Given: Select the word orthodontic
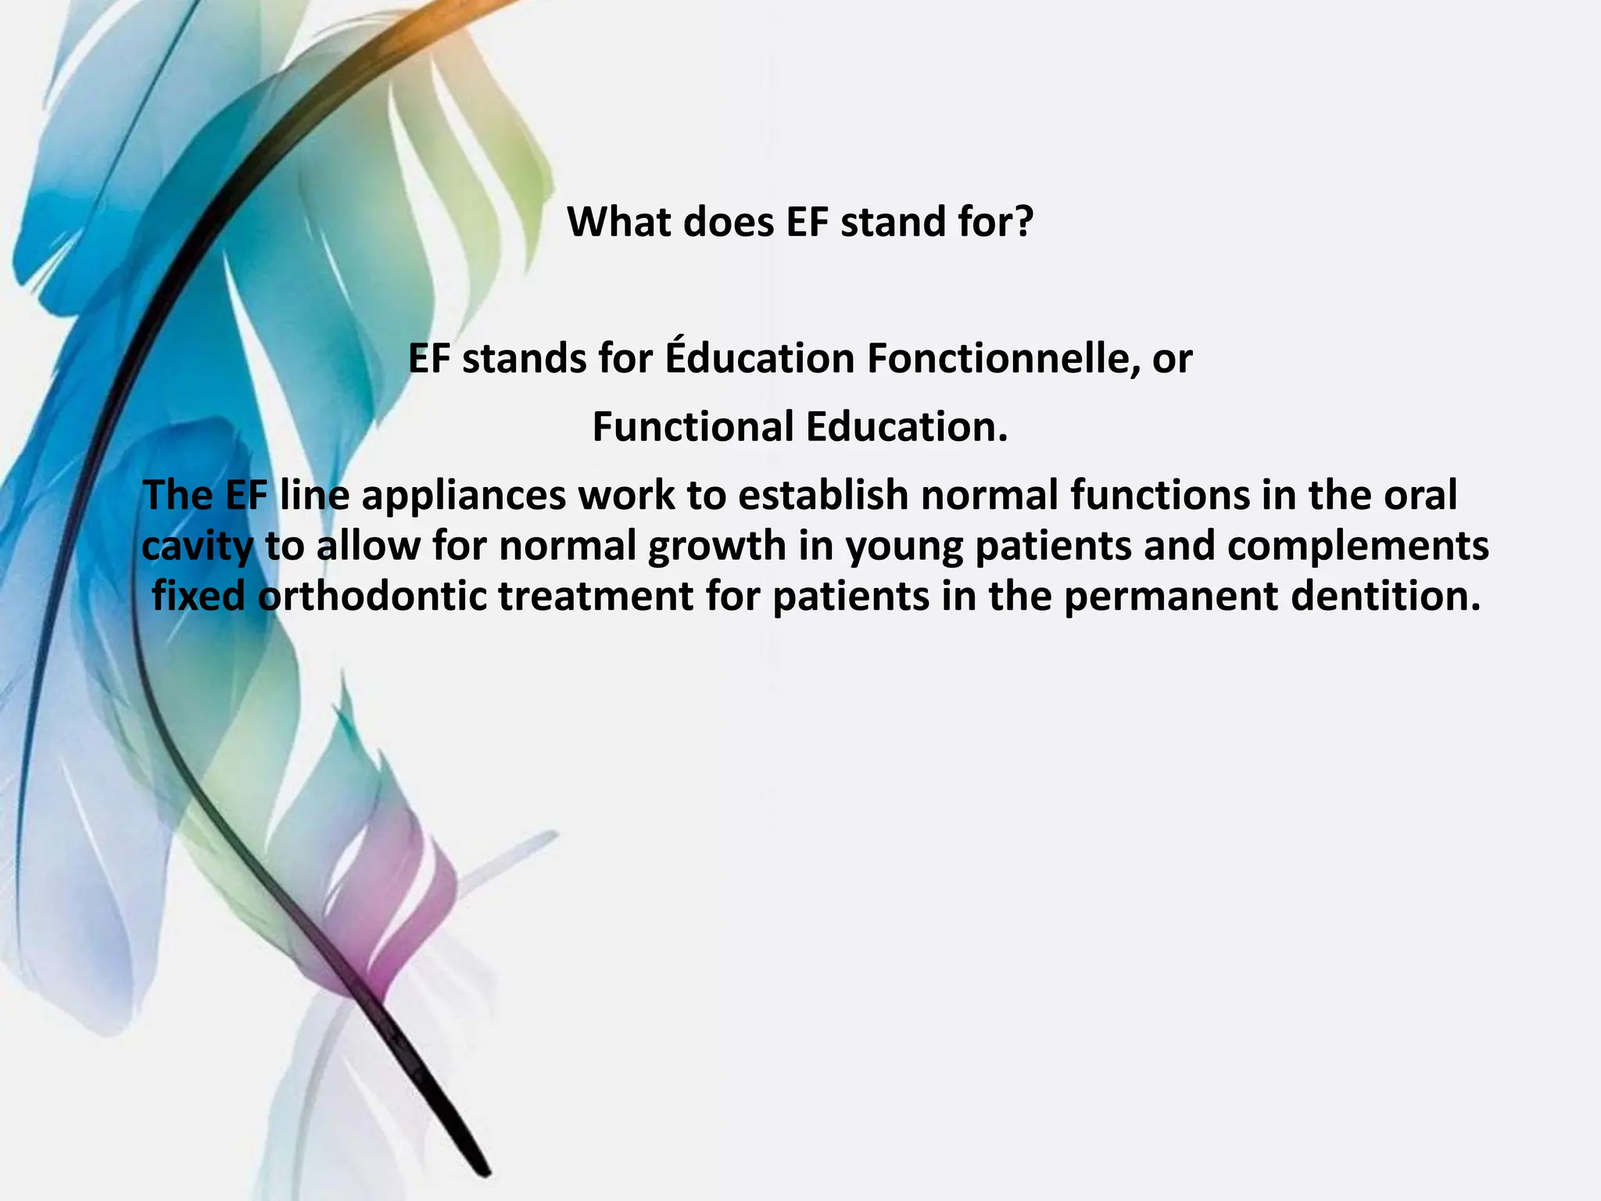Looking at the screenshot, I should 372,597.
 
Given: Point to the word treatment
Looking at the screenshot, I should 595,597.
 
